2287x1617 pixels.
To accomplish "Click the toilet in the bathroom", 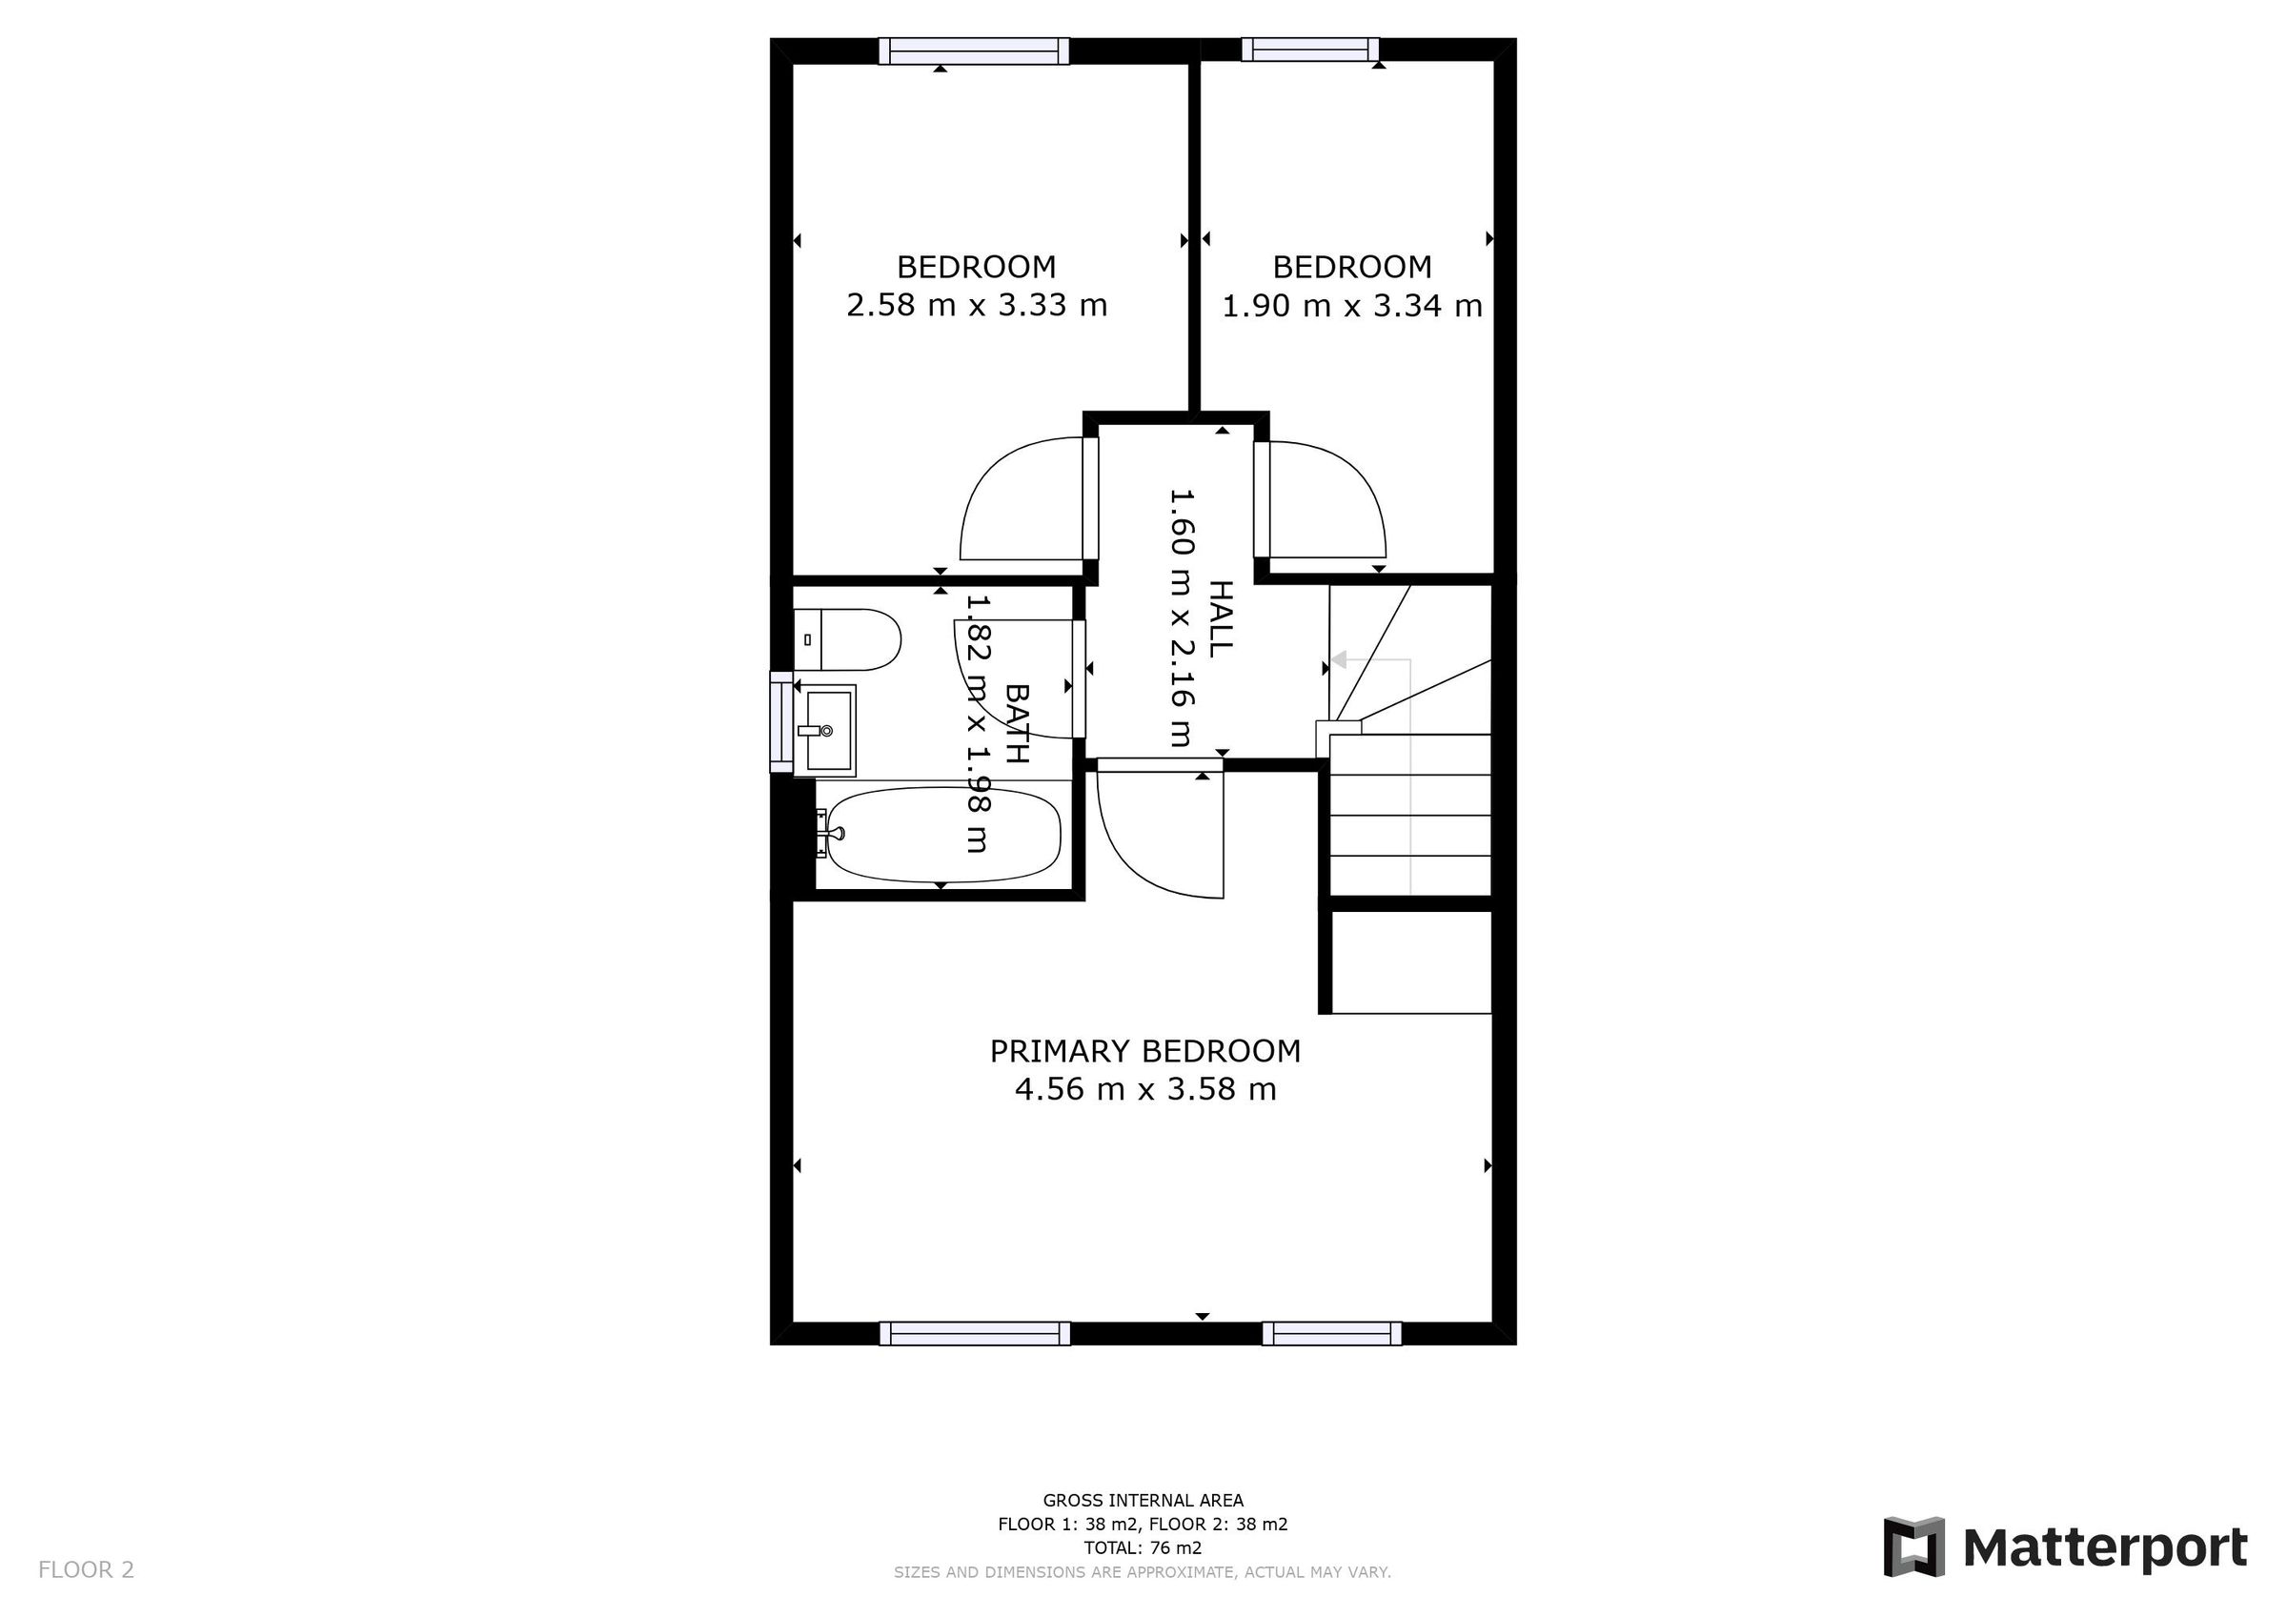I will (848, 639).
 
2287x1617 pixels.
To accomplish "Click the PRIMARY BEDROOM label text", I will (1144, 1051).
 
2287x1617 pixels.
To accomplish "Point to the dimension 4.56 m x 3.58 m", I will (1144, 1089).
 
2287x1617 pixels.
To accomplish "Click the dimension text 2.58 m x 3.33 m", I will (976, 305).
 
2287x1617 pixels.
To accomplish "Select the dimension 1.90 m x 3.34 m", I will (1351, 305).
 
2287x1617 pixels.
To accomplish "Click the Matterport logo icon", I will (1913, 1547).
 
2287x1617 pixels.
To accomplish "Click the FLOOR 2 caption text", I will (86, 1570).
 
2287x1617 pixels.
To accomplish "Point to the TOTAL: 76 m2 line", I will (1143, 1547).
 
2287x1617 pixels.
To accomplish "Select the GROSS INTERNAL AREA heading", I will (1143, 1501).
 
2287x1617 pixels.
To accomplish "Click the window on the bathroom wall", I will (781, 721).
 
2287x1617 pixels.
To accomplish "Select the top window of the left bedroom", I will (973, 51).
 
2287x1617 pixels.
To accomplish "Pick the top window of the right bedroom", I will (1310, 49).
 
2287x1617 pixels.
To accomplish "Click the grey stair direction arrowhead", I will (1340, 659).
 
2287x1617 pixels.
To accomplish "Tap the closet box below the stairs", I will (1410, 961).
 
